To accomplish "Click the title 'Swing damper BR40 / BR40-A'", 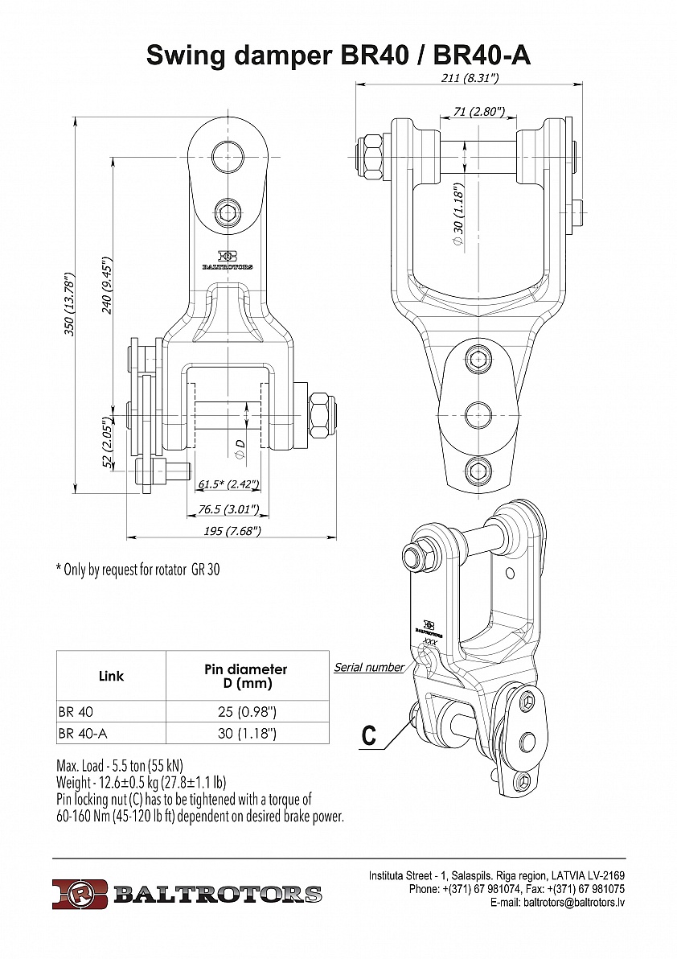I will coord(338,56).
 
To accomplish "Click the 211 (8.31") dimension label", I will coord(470,78).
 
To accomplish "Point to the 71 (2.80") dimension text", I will coord(478,112).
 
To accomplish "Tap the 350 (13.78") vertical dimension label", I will coord(70,305).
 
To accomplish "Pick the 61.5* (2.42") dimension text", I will coord(228,484).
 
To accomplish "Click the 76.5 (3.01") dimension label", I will coord(229,509).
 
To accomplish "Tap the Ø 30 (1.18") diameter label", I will coord(458,214).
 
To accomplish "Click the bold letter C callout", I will coord(369,735).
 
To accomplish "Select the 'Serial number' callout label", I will coord(369,668).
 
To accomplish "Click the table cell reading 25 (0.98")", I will coord(247,712).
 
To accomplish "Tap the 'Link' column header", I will coord(111,676).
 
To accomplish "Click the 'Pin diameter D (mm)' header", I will coord(247,676).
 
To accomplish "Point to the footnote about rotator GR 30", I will coord(137,570).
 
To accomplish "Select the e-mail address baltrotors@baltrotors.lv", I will coord(574,903).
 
